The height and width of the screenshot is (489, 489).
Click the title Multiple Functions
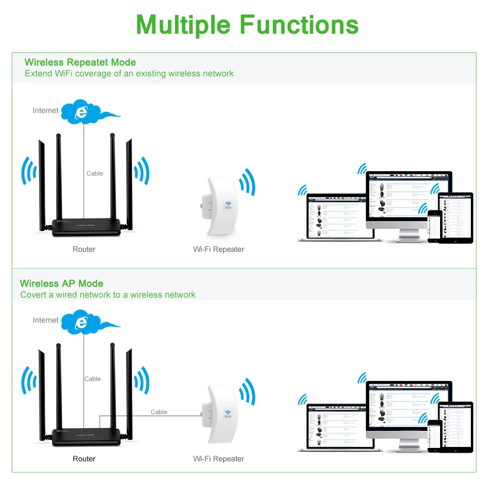click(x=247, y=24)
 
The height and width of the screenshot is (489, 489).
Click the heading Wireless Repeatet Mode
click(x=80, y=62)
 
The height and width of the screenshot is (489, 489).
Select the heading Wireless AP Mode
click(x=62, y=284)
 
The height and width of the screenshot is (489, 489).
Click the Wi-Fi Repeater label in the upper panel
click(x=219, y=249)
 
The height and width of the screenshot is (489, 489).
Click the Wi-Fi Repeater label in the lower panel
click(x=219, y=459)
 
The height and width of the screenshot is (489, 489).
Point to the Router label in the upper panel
click(x=84, y=249)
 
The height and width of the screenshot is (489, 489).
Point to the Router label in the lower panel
click(x=84, y=459)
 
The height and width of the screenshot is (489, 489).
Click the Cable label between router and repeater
click(x=159, y=412)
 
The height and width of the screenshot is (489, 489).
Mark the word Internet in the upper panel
click(x=45, y=111)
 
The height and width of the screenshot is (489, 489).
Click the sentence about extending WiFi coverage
click(x=129, y=74)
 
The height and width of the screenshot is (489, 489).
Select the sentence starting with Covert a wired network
click(x=108, y=295)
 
